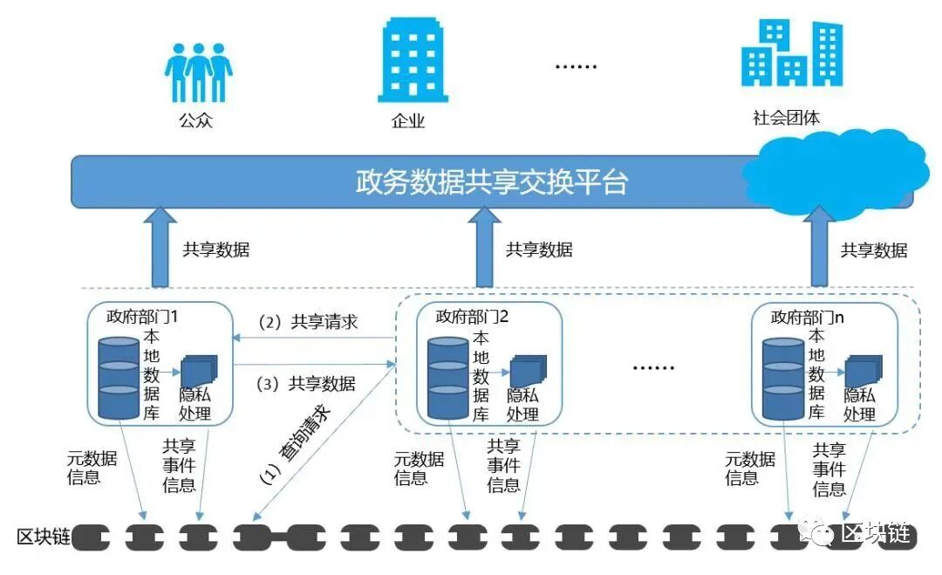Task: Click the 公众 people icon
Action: click(x=199, y=73)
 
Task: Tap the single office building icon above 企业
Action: click(x=413, y=60)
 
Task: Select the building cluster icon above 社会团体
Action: click(x=792, y=54)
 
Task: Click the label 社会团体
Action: click(x=787, y=118)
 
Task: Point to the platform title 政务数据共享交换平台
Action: click(x=492, y=182)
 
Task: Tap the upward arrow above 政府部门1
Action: click(x=159, y=248)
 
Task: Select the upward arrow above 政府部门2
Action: click(x=484, y=248)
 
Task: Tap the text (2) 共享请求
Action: click(x=308, y=322)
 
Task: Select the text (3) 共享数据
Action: click(x=306, y=383)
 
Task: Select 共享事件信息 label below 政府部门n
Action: click(x=829, y=469)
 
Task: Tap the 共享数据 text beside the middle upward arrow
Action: click(x=539, y=250)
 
